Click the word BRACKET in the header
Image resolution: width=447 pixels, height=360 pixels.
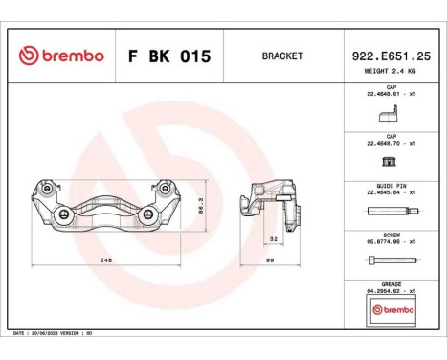281,56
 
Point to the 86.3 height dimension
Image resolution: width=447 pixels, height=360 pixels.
201,206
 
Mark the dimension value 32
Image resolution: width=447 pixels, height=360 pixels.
273,239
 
